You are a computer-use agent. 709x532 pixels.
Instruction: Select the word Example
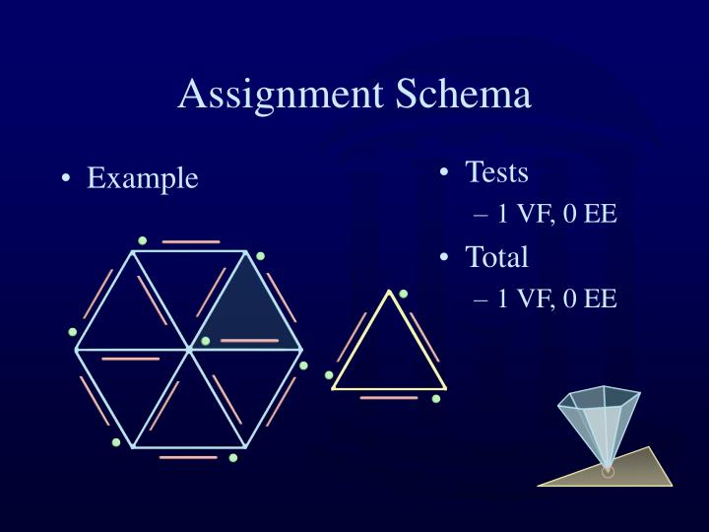pyautogui.click(x=143, y=178)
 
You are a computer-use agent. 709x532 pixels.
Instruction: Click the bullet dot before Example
pyautogui.click(x=65, y=179)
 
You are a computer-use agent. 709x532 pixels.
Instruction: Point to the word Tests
pyautogui.click(x=496, y=172)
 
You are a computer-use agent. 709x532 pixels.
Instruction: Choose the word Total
pyautogui.click(x=496, y=257)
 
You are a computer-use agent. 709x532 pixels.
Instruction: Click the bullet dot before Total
pyautogui.click(x=445, y=258)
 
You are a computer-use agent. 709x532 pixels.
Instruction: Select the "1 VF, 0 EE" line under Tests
pyautogui.click(x=556, y=213)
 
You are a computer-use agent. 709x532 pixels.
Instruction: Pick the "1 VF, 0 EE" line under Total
pyautogui.click(x=556, y=298)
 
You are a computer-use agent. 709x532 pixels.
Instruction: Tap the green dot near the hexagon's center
pyautogui.click(x=205, y=342)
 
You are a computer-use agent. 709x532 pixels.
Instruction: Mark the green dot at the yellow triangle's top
pyautogui.click(x=403, y=294)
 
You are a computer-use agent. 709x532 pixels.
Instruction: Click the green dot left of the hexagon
pyautogui.click(x=73, y=332)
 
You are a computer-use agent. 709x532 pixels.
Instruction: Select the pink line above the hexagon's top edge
pyautogui.click(x=191, y=241)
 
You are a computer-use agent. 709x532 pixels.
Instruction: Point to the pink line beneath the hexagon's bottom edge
pyautogui.click(x=188, y=457)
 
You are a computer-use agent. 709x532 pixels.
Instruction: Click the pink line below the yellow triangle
pyautogui.click(x=389, y=398)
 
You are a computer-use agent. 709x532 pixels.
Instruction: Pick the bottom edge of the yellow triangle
pyautogui.click(x=389, y=387)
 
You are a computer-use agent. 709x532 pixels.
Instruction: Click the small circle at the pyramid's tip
pyautogui.click(x=608, y=472)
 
